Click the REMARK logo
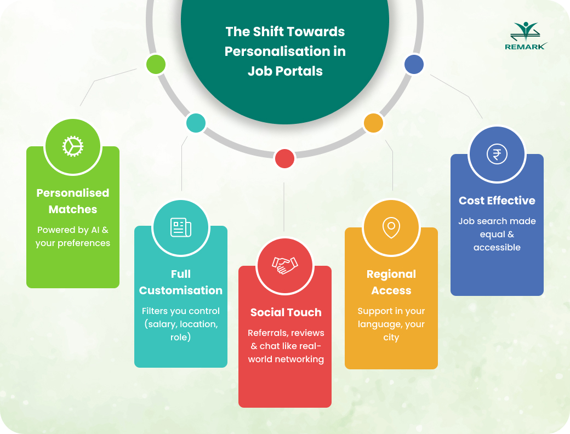point(526,36)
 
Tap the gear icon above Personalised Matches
point(73,146)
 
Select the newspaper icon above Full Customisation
point(181,227)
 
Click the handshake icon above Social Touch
point(285,265)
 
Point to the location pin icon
point(391,228)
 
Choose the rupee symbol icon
point(497,154)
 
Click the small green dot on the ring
point(156,64)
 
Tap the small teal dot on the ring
point(196,123)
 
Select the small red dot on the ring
point(284,158)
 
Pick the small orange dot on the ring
point(373,123)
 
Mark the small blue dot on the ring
point(414,64)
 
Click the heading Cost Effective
point(497,201)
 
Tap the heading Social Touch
point(286,312)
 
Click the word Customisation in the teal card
point(181,290)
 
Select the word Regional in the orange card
point(391,275)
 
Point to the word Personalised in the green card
point(73,193)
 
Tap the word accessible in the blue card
point(497,247)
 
